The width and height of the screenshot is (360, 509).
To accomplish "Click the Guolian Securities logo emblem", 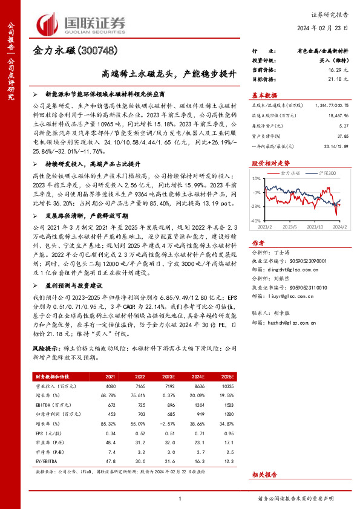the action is pos(47,22).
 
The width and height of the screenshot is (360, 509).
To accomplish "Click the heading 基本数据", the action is pos(263,94).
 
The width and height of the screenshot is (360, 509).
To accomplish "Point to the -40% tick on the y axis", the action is pos(255,221).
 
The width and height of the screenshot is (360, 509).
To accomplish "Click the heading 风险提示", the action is pos(43,349).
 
